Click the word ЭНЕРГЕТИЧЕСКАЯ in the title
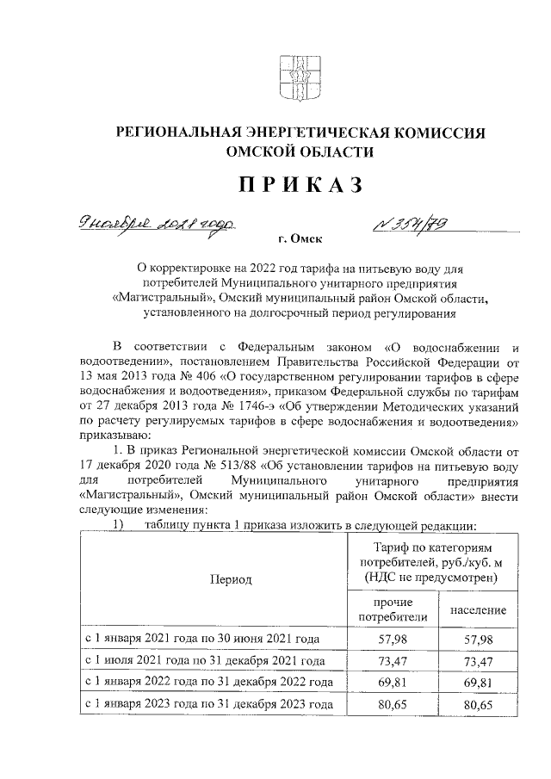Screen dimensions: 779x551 pos(311,133)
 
